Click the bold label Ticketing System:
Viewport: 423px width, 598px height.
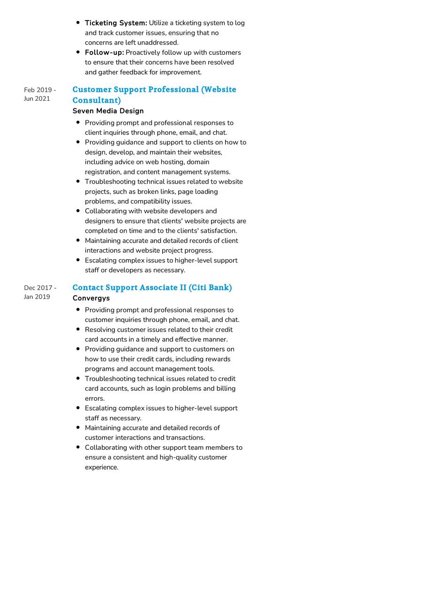pyautogui.click(x=116, y=23)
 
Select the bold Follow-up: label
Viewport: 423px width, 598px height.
pyautogui.click(x=104, y=52)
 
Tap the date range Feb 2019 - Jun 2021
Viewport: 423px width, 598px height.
pyautogui.click(x=40, y=94)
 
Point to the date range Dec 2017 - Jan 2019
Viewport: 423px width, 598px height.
pyautogui.click(x=40, y=292)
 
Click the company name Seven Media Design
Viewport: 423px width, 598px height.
pyautogui.click(x=108, y=111)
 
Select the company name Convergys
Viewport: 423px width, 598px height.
pyautogui.click(x=91, y=298)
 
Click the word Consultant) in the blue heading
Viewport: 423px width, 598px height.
pyautogui.click(x=97, y=100)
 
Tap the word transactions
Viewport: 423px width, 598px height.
pyautogui.click(x=185, y=438)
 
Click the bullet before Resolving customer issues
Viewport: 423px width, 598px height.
pyautogui.click(x=78, y=329)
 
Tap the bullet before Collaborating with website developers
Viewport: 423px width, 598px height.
pyautogui.click(x=78, y=211)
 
